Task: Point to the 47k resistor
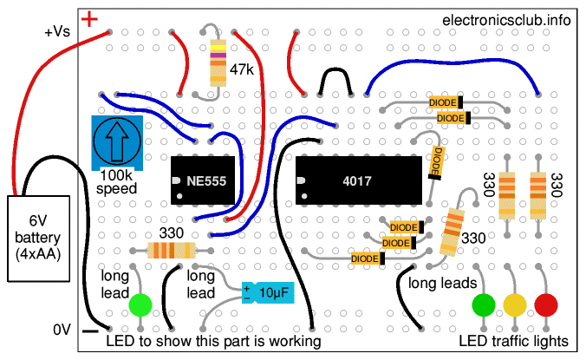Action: pos(217,66)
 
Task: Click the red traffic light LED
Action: pos(545,304)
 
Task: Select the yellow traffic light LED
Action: pos(515,304)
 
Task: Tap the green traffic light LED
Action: pos(484,304)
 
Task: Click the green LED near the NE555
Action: pos(140,304)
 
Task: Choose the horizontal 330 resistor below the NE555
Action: pos(170,251)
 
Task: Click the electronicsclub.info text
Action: pos(506,20)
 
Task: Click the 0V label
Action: pos(61,331)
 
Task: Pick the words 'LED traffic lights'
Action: pos(515,341)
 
